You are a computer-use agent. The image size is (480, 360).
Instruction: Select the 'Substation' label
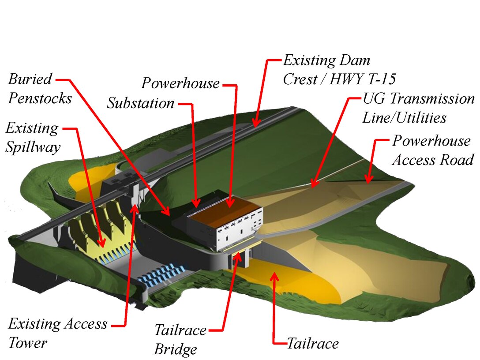141,103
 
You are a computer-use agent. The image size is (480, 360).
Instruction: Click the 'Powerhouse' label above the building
180,82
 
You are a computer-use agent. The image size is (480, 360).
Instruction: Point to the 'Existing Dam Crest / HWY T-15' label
339,69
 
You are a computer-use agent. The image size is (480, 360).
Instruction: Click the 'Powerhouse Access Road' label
432,150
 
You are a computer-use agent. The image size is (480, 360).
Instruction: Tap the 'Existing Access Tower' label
58,333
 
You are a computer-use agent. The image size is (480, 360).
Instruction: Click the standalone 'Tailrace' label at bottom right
313,343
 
